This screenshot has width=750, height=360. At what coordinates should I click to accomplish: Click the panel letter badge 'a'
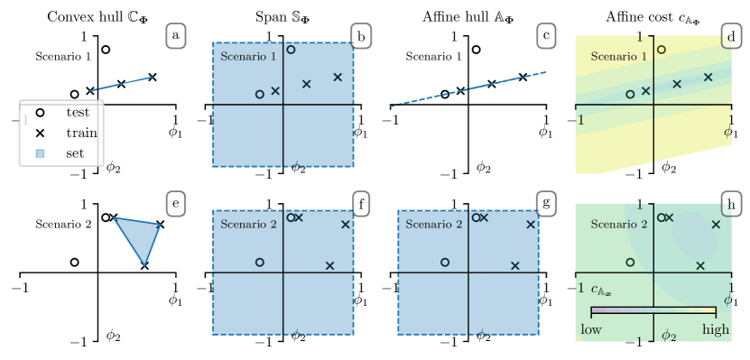175,36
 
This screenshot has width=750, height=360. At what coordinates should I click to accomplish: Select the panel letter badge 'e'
175,204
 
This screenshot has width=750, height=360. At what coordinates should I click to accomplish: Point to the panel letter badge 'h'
730,204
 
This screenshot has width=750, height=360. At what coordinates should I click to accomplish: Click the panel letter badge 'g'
545,204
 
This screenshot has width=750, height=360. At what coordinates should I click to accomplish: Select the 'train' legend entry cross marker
40,133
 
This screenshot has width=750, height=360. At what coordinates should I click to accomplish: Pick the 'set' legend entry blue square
40,152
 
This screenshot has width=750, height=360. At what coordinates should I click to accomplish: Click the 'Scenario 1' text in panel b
248,57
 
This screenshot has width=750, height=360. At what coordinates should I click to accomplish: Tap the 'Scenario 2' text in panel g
433,224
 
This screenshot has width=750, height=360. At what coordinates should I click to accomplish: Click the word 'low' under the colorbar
590,329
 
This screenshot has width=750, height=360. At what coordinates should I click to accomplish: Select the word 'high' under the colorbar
715,329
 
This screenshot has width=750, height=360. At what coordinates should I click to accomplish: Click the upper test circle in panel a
106,50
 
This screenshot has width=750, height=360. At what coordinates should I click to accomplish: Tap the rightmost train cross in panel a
153,78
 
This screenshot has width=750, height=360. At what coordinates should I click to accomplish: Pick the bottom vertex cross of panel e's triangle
144,265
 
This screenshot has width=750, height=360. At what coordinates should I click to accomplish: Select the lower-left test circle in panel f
260,262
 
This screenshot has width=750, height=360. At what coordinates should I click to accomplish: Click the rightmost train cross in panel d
708,78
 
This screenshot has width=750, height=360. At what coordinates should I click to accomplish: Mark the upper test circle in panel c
476,50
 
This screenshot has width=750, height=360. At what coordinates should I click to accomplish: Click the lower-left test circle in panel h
630,262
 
